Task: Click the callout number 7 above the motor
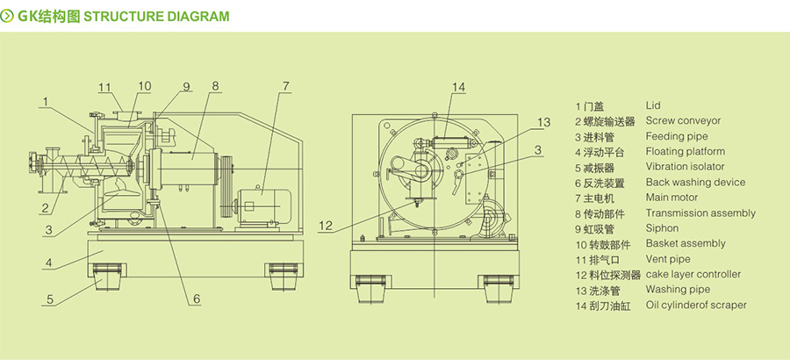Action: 285,86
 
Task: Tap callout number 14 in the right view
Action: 458,87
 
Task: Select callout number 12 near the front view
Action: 326,226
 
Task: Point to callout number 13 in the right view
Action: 543,122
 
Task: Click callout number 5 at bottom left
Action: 49,299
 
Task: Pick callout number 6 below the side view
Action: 197,299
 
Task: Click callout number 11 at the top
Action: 104,87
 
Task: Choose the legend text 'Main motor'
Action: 671,198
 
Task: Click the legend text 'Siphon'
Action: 662,228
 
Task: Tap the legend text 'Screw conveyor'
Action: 683,121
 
